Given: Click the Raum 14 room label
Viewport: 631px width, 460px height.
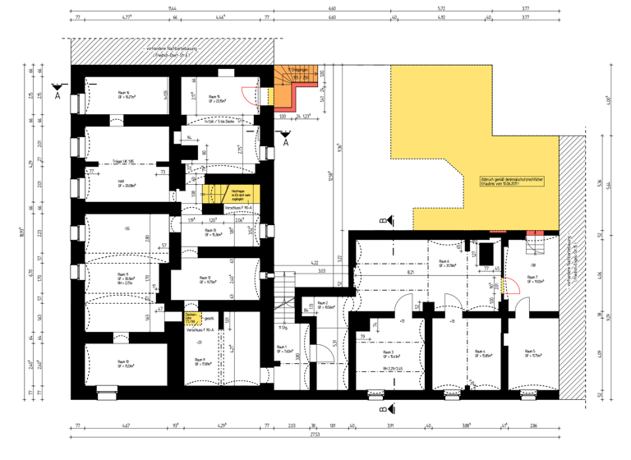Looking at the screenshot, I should tap(127, 94).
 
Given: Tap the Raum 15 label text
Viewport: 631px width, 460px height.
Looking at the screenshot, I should tap(217, 99).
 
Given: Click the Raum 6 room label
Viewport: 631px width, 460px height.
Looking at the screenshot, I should tap(446, 264).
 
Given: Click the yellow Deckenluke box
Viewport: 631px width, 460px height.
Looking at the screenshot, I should tap(191, 319).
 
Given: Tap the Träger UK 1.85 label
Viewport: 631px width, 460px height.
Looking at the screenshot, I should tap(124, 162).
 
